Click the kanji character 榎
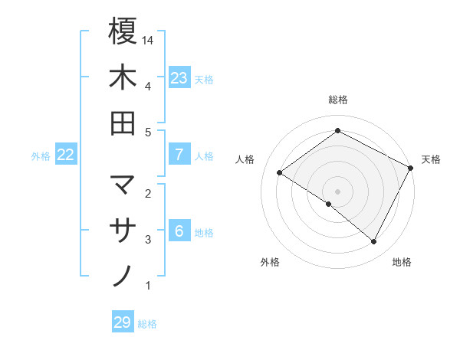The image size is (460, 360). pos(123,32)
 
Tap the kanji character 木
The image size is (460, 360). pos(123,78)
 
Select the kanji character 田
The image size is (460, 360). pos(123,123)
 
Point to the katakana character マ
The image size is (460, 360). pos(123,185)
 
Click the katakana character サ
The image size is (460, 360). pos(123,231)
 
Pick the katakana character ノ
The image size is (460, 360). pos(123,276)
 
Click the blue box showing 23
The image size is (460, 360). pos(179,77)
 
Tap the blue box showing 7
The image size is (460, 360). pos(179,155)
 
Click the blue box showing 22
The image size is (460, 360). pos(66,155)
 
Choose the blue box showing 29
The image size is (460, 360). pos(123,322)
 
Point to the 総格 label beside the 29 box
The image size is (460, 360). pos(148,324)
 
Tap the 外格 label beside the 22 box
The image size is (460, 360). pos(41,156)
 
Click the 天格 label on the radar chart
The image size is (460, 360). pos(431,159)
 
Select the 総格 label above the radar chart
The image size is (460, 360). pos(337,100)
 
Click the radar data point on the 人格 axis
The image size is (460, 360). pos(279,172)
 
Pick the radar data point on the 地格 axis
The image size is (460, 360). pos(374,241)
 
